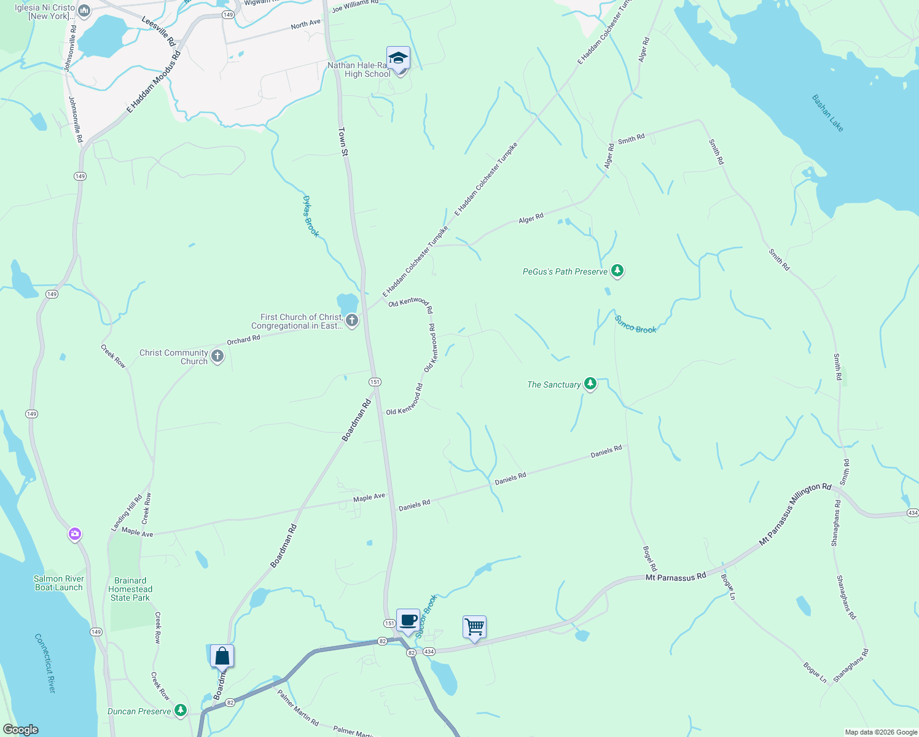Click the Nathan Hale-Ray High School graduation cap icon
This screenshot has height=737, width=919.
[398, 58]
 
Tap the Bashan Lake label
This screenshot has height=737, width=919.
[827, 113]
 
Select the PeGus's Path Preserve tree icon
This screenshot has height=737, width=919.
[617, 271]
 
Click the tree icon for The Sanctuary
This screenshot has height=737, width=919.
[590, 384]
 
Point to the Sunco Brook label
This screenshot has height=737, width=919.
[635, 325]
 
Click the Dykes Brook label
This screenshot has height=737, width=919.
[311, 216]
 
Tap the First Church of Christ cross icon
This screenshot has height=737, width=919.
[352, 320]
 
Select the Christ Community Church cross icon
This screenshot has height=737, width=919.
[217, 356]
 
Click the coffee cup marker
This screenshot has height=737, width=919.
[408, 620]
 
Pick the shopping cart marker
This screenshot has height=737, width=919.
[474, 627]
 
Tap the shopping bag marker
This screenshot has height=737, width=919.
[222, 656]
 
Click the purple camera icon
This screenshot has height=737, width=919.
[75, 534]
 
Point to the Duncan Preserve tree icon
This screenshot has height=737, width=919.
[180, 711]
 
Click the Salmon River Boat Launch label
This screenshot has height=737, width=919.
[58, 583]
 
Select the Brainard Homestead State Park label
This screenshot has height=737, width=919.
[130, 589]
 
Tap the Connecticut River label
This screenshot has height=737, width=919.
[45, 663]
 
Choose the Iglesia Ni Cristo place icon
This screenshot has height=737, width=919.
[85, 10]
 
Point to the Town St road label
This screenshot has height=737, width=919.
[343, 141]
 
